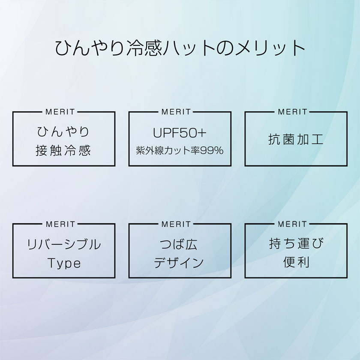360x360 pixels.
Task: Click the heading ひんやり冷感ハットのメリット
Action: (180, 48)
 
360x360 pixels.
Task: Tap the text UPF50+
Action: (180, 133)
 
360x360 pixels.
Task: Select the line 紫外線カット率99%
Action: (180, 150)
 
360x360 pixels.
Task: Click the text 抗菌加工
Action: (296, 139)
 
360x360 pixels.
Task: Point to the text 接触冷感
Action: (63, 150)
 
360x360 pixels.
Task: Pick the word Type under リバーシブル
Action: (64, 263)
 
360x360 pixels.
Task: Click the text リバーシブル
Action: (64, 244)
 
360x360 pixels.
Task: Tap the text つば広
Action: (178, 244)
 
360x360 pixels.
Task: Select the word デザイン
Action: (179, 263)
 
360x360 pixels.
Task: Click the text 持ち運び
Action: (296, 243)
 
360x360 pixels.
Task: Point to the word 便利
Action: (296, 262)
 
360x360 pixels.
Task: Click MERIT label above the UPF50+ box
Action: (176, 112)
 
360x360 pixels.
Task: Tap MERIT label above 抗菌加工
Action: (292, 112)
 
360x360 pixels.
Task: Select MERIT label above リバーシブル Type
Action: (60, 224)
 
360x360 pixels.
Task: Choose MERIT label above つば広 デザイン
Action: (176, 224)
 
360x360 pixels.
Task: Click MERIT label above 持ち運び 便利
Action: (292, 224)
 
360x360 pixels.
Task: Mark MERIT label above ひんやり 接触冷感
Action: (60, 112)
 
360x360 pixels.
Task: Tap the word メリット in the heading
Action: (270, 48)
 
